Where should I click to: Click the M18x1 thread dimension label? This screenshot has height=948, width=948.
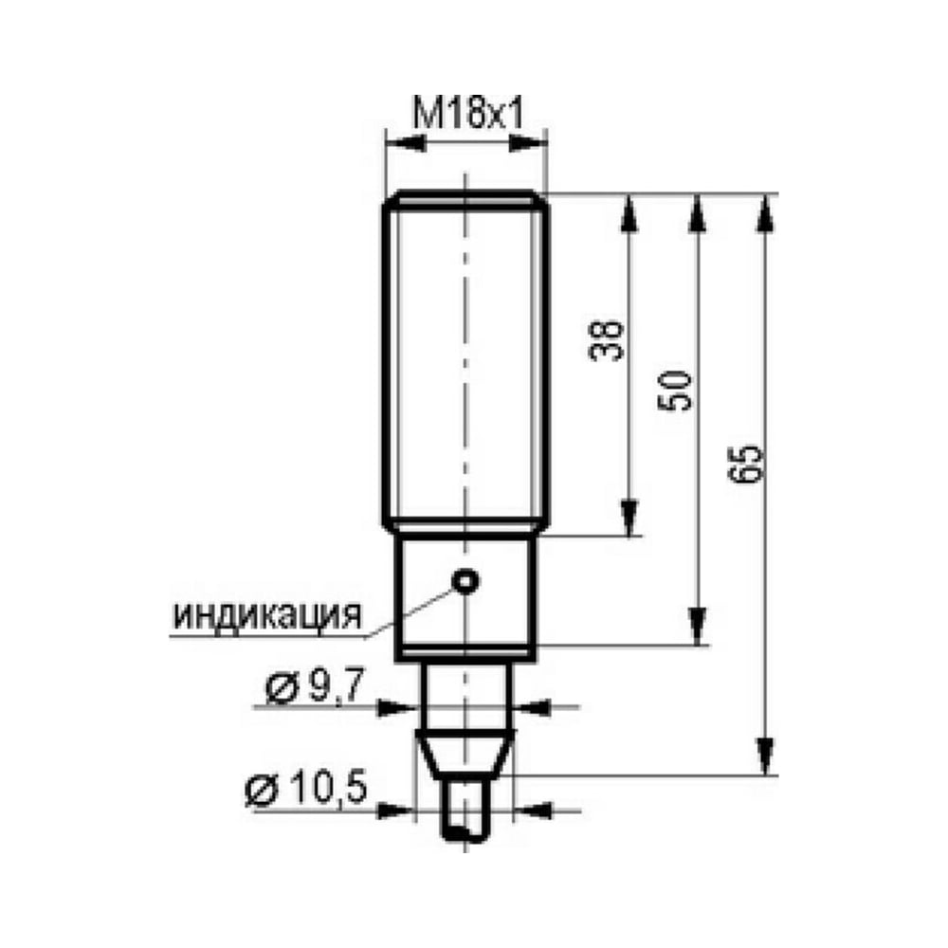(x=466, y=113)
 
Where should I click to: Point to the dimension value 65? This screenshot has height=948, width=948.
(x=743, y=464)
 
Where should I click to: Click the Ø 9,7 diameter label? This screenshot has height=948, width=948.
(x=314, y=688)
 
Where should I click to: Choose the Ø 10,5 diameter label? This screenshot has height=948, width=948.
(x=306, y=791)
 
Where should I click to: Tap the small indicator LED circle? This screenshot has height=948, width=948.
(x=465, y=582)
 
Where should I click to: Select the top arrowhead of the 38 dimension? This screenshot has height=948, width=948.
(x=629, y=212)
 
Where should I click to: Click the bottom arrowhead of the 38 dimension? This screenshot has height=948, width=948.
(x=629, y=518)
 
